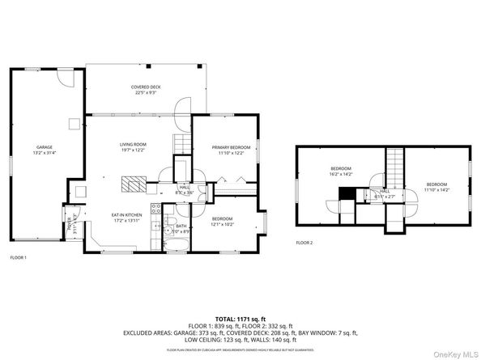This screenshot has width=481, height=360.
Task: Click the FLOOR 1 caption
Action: (x=18, y=257)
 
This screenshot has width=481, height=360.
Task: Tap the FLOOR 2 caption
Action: (x=304, y=242)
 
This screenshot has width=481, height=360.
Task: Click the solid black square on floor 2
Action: (x=346, y=193)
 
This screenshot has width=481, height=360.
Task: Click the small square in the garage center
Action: (x=74, y=124)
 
